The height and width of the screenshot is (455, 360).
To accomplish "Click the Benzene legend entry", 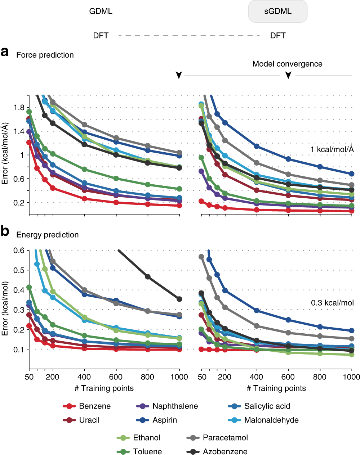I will [x=87, y=406].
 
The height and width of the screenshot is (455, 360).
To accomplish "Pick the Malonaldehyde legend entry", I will [x=263, y=420].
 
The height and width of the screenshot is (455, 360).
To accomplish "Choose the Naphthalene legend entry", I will [x=167, y=406].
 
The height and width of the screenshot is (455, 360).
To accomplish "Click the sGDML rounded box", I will [x=278, y=12].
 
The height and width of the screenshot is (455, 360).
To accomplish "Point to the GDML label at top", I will [x=101, y=12].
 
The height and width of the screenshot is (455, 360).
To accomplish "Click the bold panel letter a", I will [x=5, y=52].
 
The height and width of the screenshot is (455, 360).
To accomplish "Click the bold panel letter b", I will [x=5, y=231].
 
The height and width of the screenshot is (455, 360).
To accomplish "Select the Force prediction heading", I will [x=45, y=55].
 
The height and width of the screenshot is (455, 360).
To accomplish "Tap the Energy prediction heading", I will [x=48, y=235].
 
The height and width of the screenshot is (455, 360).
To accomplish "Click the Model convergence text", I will [x=287, y=64].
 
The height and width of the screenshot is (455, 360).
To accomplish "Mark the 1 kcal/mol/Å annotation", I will [x=332, y=149].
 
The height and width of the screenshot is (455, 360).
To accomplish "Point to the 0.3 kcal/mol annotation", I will [x=332, y=303].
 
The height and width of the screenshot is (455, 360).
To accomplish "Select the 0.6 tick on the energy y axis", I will [x=19, y=250].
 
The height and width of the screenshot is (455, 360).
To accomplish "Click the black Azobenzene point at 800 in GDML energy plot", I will [x=148, y=277].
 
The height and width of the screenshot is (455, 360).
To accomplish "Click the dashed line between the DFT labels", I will [x=189, y=35].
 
